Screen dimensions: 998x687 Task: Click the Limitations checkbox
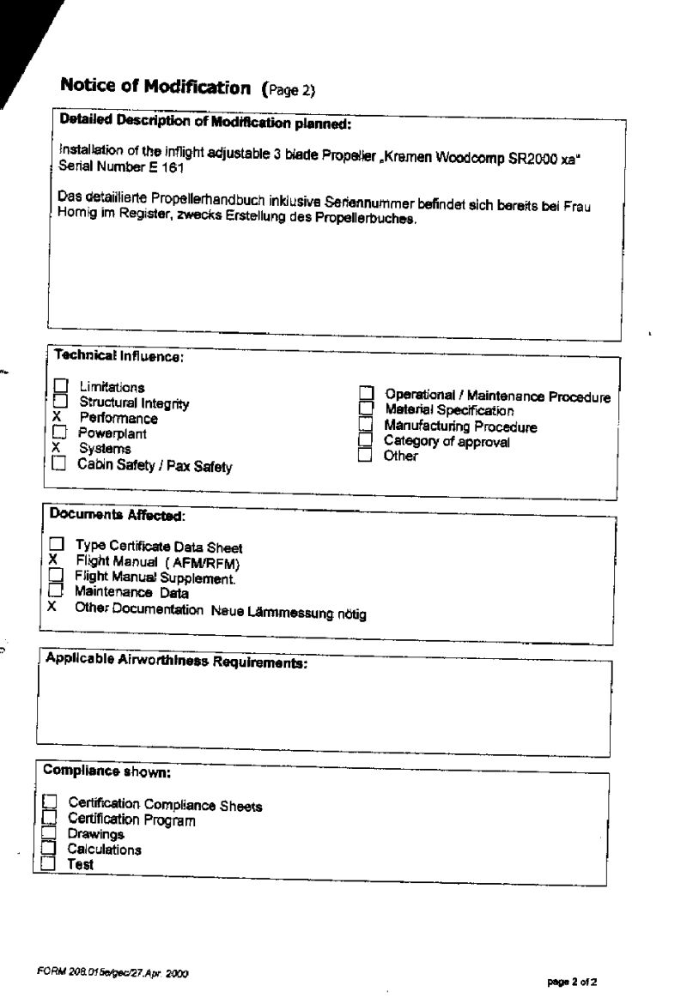[60, 387]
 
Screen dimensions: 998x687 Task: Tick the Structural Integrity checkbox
[60, 402]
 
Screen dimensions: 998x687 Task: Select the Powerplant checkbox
[60, 432]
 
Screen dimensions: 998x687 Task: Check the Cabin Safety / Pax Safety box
[58, 464]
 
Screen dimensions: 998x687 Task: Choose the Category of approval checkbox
[365, 440]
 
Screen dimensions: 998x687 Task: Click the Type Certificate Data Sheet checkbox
[56, 545]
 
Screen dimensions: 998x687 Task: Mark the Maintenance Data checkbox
[55, 591]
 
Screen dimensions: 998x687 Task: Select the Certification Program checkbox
[49, 819]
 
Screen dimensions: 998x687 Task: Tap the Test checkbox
[48, 865]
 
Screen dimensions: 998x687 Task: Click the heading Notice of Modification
[155, 87]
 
